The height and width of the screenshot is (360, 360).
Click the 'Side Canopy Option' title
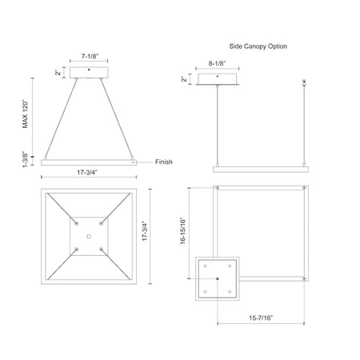pyautogui.click(x=258, y=46)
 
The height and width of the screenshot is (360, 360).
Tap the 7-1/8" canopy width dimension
pyautogui.click(x=90, y=56)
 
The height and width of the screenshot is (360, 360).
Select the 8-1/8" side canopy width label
pyautogui.click(x=217, y=63)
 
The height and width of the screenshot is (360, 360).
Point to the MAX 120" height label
pyautogui.click(x=26, y=114)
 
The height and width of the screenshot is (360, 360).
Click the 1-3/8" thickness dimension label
pyautogui.click(x=26, y=159)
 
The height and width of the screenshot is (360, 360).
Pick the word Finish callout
pyautogui.click(x=164, y=162)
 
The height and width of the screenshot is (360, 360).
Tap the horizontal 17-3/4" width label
pyautogui.click(x=87, y=172)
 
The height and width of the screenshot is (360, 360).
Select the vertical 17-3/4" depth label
pyautogui.click(x=145, y=231)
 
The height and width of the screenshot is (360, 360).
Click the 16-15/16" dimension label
pyautogui.click(x=183, y=231)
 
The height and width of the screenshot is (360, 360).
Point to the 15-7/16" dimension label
pyautogui.click(x=261, y=318)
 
